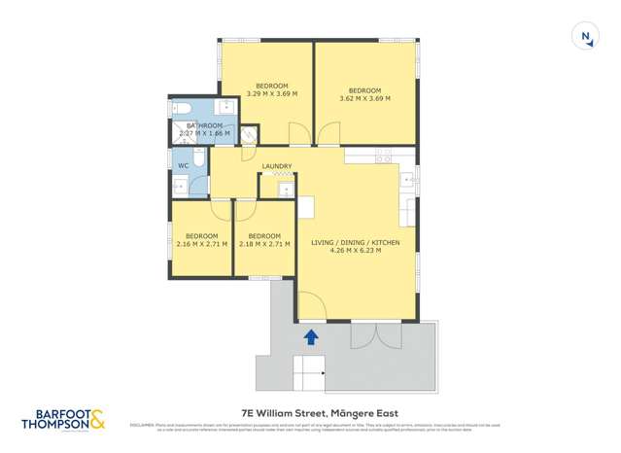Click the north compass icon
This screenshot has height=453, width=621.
[x=585, y=37]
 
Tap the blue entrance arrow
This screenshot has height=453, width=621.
[x=311, y=337]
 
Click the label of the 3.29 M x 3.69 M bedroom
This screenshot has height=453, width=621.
[x=271, y=90]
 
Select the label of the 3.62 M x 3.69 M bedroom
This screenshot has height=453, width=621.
[x=364, y=93]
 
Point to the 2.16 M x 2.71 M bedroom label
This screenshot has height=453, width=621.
[x=201, y=240]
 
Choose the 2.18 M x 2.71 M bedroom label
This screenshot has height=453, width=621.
[x=264, y=240]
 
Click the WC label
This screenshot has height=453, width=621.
[x=182, y=165]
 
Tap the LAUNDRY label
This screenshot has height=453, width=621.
[x=276, y=166]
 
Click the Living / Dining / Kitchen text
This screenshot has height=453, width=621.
[x=355, y=246]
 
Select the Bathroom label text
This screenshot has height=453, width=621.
[x=205, y=129]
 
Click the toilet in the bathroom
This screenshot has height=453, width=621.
[x=179, y=108]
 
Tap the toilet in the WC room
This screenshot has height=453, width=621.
[x=198, y=157]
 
